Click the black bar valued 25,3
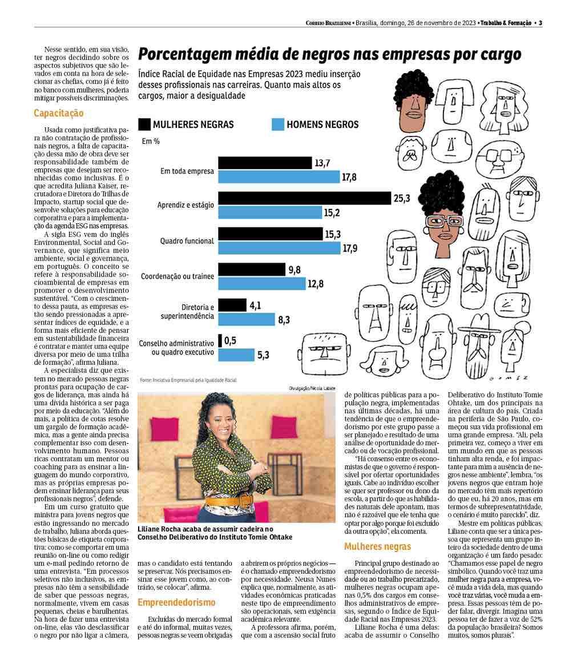(305, 198)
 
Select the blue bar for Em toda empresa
(279, 177)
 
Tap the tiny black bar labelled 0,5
(220, 340)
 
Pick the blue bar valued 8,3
(247, 320)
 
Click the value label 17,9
(350, 248)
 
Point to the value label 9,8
(294, 270)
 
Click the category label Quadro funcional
(187, 241)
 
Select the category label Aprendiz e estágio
(185, 205)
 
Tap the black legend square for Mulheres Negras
(144, 124)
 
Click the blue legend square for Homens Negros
(278, 124)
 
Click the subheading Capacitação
(59, 113)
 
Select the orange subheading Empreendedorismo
(176, 602)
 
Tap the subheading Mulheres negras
(378, 546)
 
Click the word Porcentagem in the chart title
(185, 55)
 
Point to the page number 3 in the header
(540, 23)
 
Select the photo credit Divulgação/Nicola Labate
(312, 388)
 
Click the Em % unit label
(151, 142)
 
